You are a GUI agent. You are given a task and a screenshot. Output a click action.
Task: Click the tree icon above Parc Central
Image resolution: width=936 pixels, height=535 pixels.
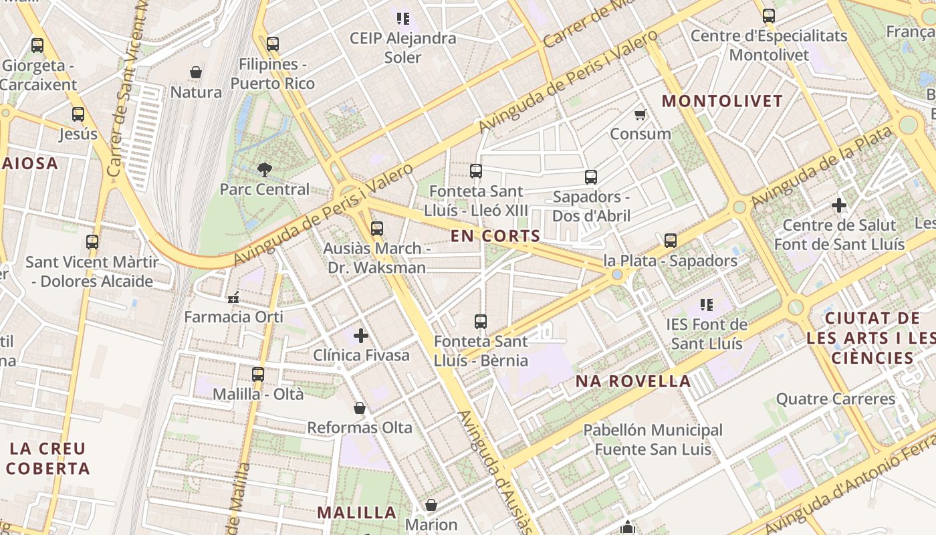tap(265, 169)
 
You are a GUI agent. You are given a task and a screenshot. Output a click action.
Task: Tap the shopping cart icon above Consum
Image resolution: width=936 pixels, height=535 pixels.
tap(640, 114)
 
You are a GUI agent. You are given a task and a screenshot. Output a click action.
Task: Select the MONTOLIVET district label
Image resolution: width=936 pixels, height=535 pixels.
tap(721, 101)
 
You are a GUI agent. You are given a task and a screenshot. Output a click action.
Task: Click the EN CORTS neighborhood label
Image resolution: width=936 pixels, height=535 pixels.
tap(495, 235)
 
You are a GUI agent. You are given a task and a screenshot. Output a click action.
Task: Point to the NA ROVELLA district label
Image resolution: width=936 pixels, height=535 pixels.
tap(633, 381)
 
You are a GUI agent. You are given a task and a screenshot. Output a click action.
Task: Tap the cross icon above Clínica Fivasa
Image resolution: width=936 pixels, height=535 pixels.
tap(361, 335)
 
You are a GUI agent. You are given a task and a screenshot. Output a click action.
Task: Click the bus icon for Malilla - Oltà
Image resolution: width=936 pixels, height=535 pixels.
tap(258, 374)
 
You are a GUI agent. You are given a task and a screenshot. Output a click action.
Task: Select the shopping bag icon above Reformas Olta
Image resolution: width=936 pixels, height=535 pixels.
tap(360, 408)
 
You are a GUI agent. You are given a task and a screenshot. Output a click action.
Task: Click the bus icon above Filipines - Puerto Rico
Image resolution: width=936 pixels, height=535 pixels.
tap(272, 45)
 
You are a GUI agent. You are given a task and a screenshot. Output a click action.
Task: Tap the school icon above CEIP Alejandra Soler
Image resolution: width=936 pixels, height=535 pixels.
tap(402, 18)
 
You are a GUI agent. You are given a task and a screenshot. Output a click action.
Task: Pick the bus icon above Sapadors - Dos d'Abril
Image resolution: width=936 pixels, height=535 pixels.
tap(591, 177)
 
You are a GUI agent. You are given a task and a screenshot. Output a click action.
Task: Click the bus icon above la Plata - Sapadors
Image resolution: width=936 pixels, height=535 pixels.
tap(671, 241)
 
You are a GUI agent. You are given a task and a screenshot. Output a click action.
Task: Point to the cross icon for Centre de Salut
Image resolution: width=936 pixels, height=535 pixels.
tap(839, 205)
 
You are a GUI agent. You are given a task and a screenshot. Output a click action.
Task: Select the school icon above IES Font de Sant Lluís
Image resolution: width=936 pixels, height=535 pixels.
tap(706, 305)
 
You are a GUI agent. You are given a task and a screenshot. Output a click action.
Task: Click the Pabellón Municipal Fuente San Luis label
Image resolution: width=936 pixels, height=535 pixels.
tap(653, 439)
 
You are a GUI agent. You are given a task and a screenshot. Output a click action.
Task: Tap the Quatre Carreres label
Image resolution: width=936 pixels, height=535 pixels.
tap(835, 399)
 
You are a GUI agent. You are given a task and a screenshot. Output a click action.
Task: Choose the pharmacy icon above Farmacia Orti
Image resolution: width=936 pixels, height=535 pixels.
tap(233, 298)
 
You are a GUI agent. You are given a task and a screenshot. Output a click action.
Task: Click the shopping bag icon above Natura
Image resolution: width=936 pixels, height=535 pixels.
tap(196, 72)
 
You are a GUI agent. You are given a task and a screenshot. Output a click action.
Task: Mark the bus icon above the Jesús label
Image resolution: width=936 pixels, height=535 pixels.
tap(78, 114)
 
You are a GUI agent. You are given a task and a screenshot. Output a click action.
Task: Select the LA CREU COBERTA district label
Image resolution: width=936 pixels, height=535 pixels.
tap(48, 458)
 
